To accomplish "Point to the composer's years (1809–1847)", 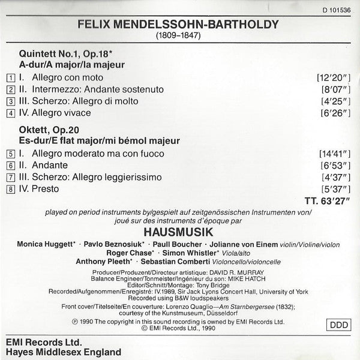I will (176, 38).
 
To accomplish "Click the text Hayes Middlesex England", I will (61, 352).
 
